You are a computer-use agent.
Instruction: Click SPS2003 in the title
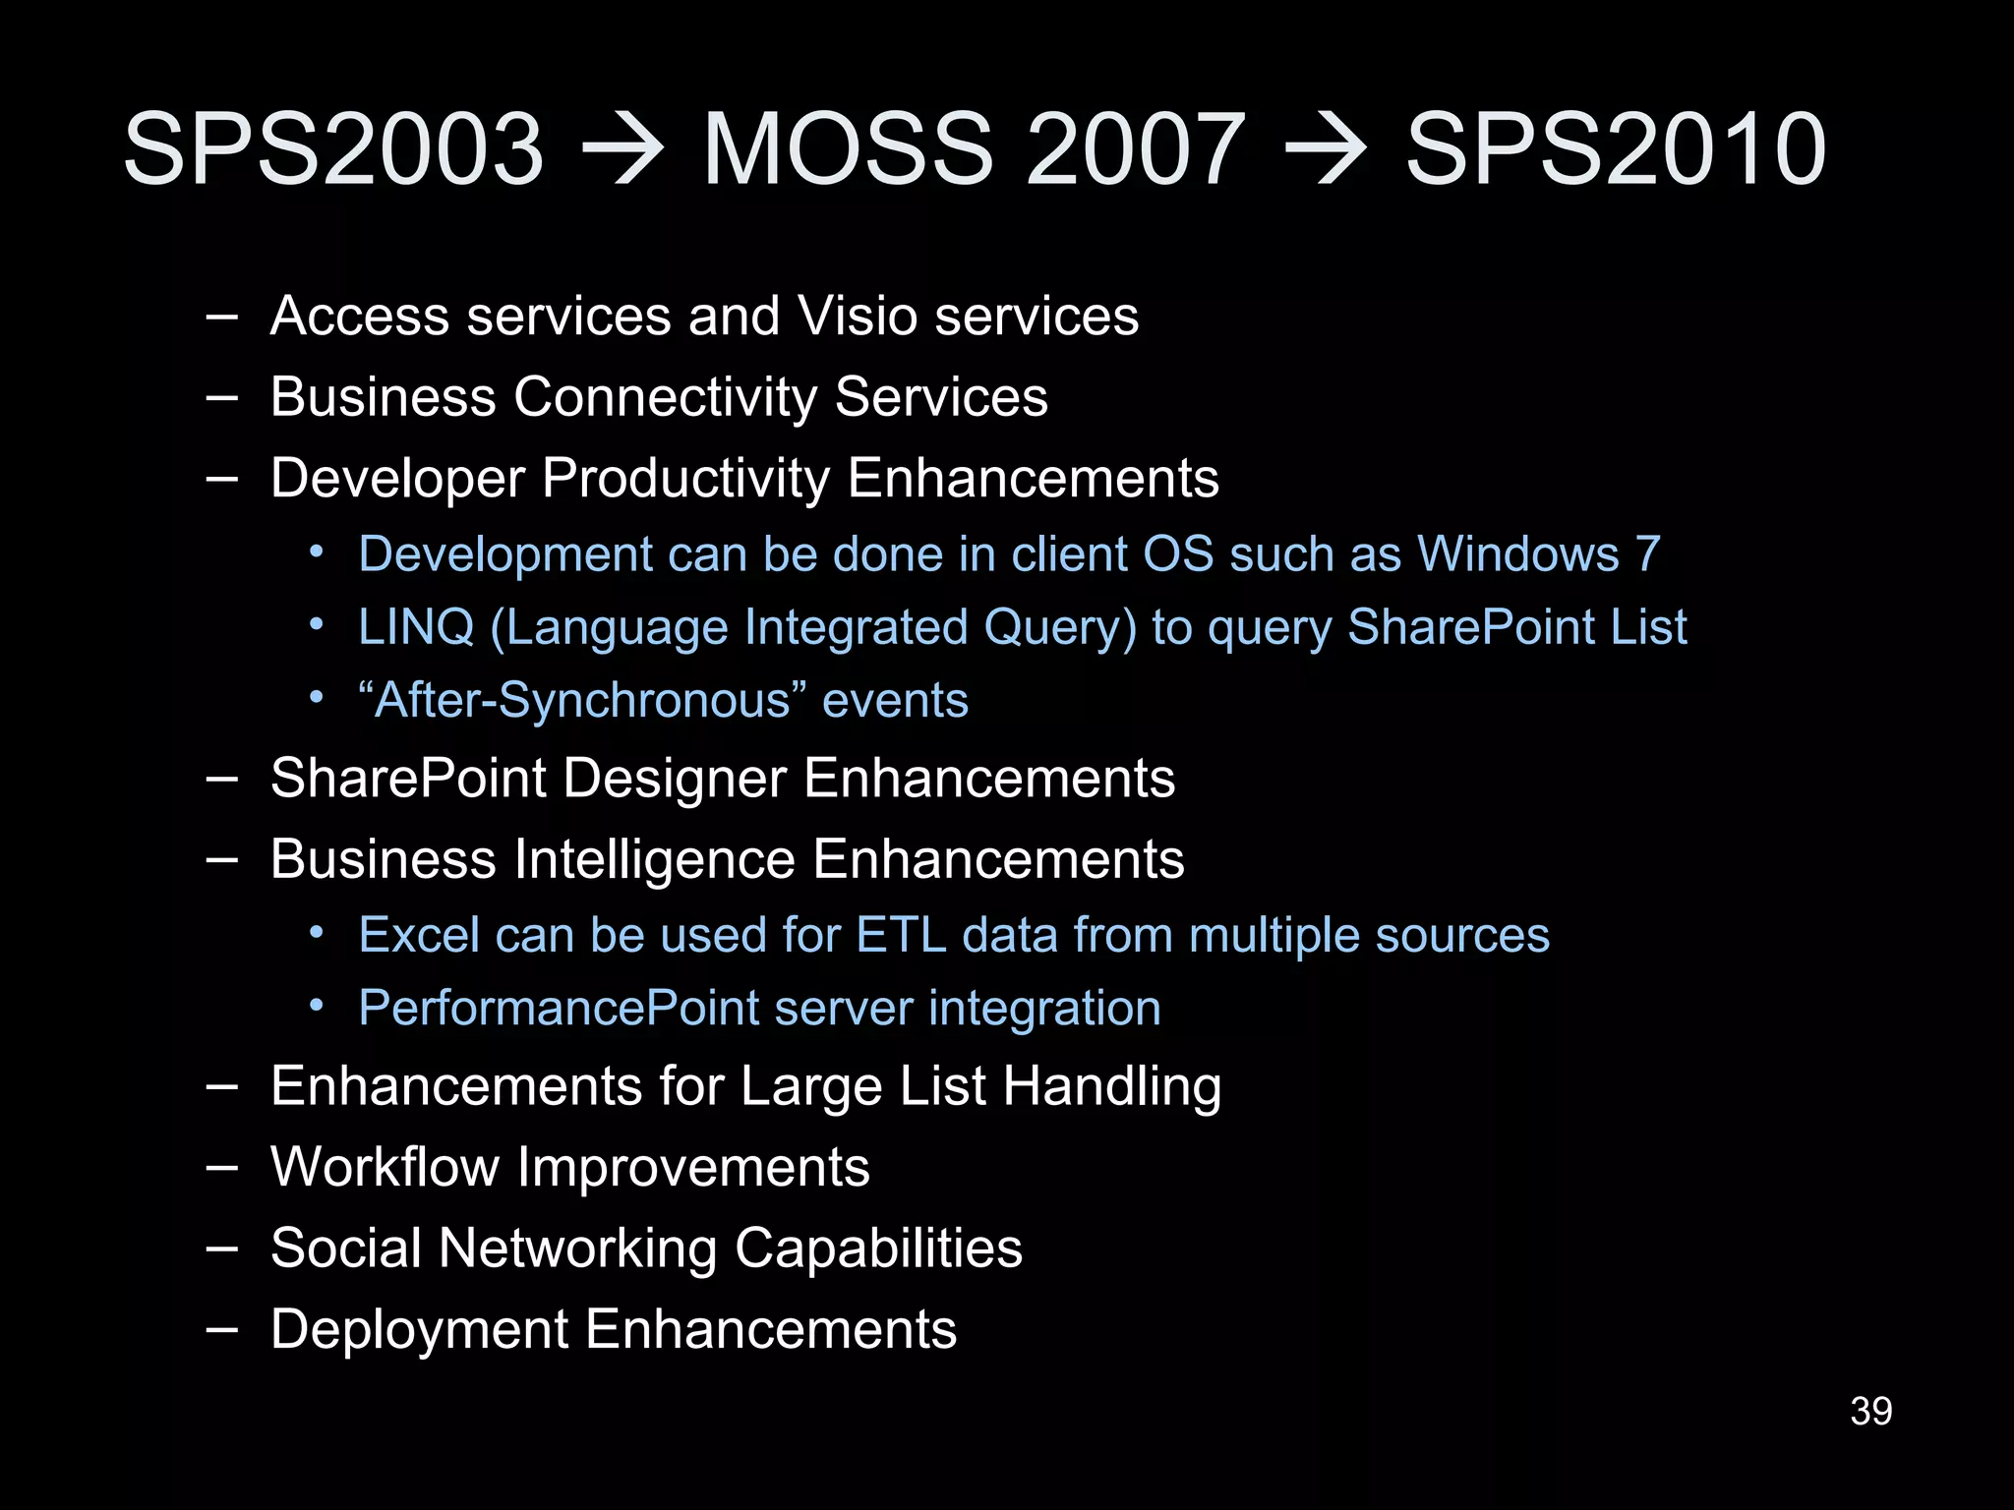[x=332, y=149]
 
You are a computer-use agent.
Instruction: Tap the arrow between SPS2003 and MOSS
[x=622, y=149]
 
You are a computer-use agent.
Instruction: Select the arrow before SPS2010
[x=1327, y=149]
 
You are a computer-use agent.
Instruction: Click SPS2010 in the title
[x=1616, y=149]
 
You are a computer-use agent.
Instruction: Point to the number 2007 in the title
[x=1136, y=149]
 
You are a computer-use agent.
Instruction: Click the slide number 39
[x=1870, y=1412]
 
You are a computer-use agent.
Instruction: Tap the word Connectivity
[x=665, y=397]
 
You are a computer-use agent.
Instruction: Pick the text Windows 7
[x=1539, y=554]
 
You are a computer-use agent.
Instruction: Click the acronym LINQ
[x=416, y=627]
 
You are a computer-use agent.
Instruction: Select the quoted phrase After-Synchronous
[x=583, y=701]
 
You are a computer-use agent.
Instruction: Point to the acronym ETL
[x=901, y=935]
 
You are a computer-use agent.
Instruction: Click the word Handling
[x=1112, y=1087]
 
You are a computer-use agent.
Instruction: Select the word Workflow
[x=385, y=1168]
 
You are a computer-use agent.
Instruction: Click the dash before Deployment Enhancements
[x=222, y=1330]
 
